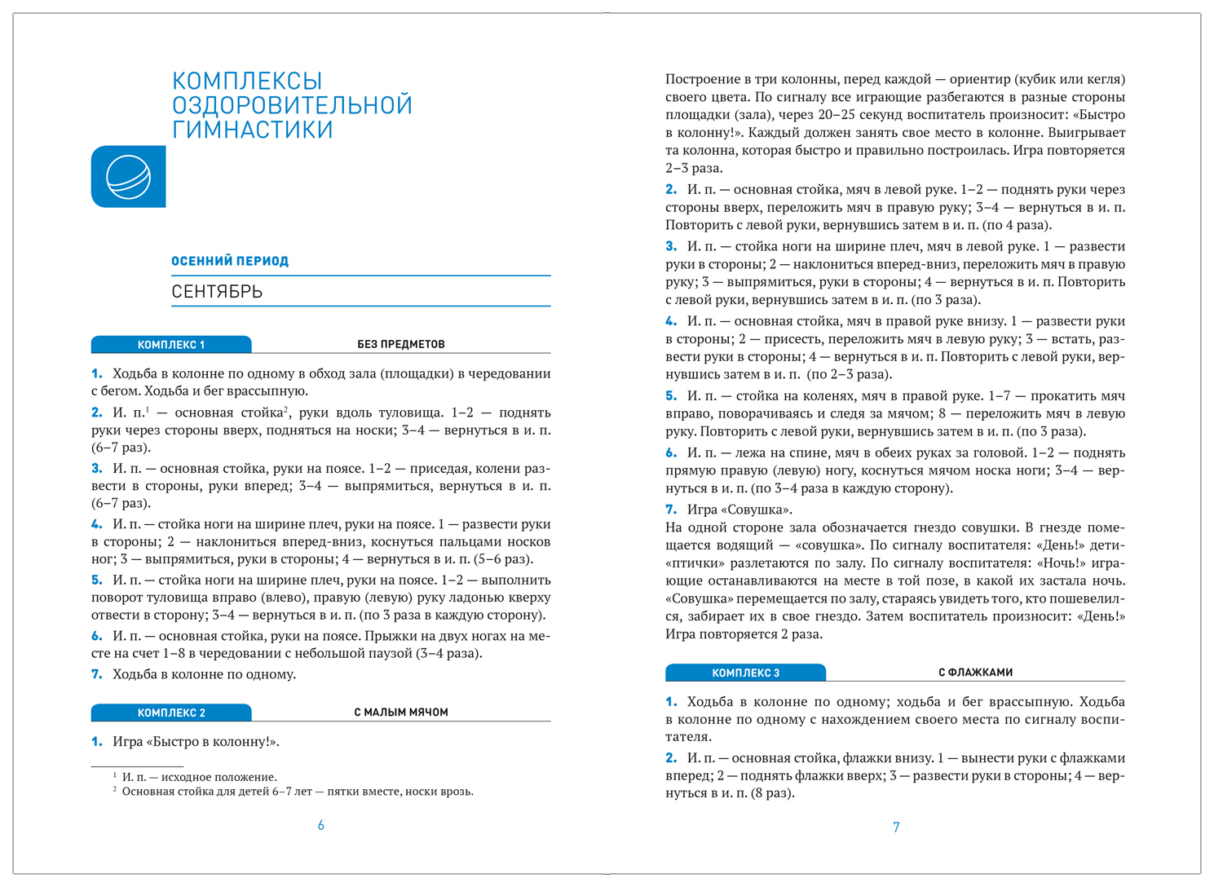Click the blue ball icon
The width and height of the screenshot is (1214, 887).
tap(129, 177)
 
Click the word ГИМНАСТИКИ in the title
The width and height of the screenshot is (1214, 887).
tap(252, 130)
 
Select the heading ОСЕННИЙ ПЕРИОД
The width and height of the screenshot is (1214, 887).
tap(230, 261)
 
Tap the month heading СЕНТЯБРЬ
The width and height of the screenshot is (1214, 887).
tap(217, 292)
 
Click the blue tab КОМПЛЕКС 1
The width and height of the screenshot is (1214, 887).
tap(171, 345)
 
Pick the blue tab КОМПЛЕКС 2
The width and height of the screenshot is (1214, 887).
tap(171, 713)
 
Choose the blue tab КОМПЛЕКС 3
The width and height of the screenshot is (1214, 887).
tap(745, 673)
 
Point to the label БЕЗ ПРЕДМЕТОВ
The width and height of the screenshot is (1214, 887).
tap(401, 344)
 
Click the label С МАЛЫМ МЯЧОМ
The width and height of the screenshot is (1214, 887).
tap(401, 713)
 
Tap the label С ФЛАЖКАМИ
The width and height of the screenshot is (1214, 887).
tap(975, 673)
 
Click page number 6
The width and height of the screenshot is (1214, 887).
tap(321, 826)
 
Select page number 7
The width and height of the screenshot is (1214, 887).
tap(896, 827)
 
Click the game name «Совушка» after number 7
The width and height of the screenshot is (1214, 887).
tap(758, 510)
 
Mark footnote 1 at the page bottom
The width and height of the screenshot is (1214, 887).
tap(199, 777)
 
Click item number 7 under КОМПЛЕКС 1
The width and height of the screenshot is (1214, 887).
tap(96, 674)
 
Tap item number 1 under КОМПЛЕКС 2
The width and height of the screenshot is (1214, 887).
tap(96, 742)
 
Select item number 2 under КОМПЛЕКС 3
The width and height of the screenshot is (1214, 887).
tap(671, 758)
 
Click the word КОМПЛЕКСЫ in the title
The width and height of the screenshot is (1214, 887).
tap(247, 81)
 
